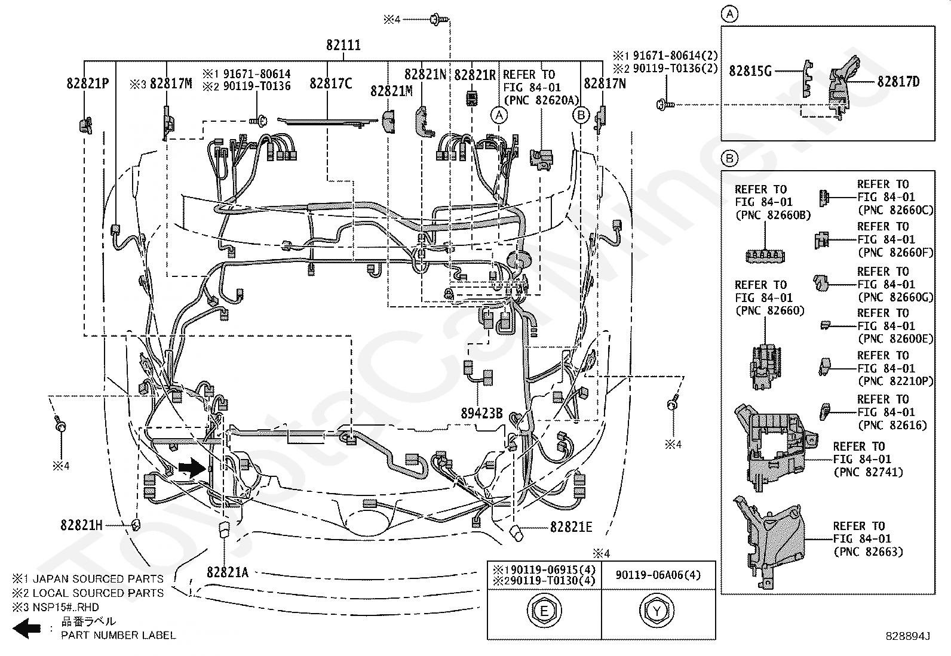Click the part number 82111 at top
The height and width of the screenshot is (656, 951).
pos(343,45)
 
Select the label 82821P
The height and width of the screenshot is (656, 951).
pos(88,84)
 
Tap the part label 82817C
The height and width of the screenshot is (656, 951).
pos(331,84)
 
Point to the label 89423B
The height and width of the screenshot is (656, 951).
pos(482,413)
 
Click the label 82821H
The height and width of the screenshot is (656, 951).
pos(81,525)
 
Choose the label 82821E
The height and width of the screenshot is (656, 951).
pos(571,527)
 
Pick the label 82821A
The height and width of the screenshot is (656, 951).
pos(228,573)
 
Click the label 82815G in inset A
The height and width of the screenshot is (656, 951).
pos(750,71)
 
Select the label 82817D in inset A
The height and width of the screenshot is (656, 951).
pos(899,81)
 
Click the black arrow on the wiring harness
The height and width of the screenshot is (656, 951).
pos(192,468)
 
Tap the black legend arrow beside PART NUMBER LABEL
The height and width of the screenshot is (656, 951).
pos(26,629)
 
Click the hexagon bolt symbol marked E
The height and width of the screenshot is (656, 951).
pos(544,611)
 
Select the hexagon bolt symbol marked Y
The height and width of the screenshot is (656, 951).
pos(657,611)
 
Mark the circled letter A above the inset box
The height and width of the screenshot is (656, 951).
pos(730,14)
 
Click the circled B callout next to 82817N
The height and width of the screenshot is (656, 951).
pos(581,115)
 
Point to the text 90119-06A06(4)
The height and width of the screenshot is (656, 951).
pos(658,575)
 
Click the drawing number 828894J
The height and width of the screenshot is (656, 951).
pos(908,636)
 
